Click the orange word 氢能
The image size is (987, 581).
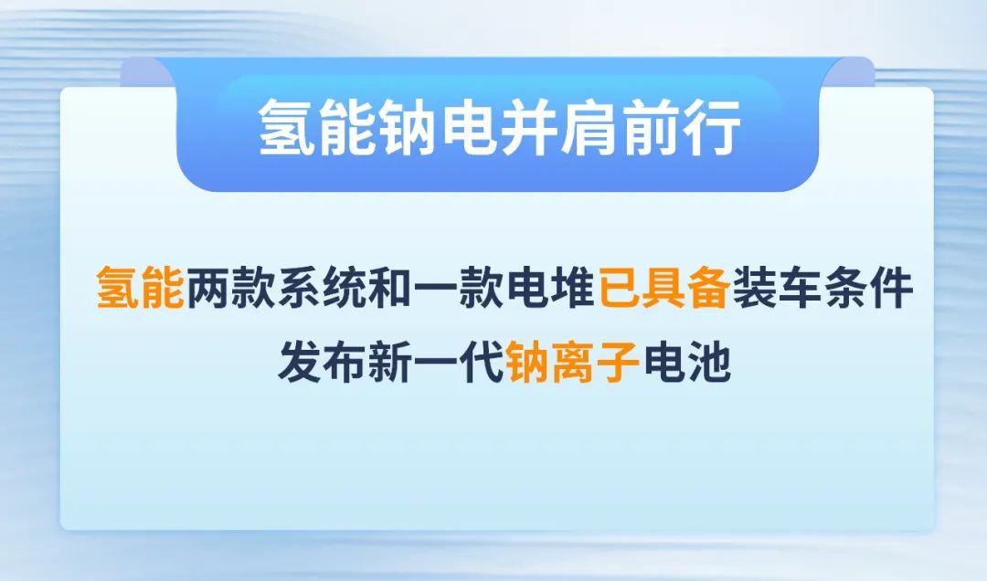click(x=140, y=289)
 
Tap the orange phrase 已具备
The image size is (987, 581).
click(x=663, y=289)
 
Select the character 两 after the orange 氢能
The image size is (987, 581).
click(x=207, y=289)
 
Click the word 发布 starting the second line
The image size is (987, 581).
click(x=322, y=362)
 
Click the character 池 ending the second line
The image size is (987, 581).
click(x=709, y=362)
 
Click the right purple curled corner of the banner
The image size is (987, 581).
click(x=848, y=73)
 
